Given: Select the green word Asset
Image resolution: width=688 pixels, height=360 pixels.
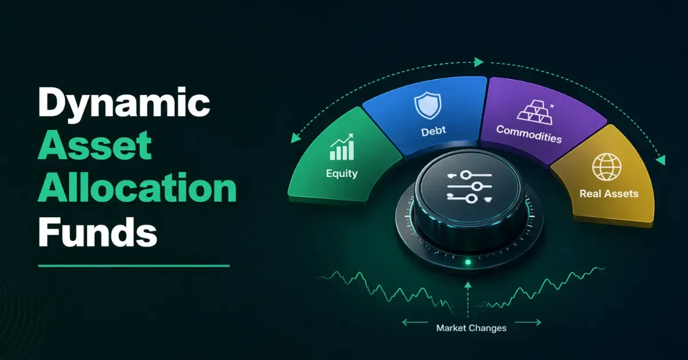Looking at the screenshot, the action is [x=95, y=145].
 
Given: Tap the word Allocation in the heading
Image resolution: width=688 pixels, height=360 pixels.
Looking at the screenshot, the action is [x=137, y=187].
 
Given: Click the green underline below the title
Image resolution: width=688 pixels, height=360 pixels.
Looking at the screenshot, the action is [x=134, y=265].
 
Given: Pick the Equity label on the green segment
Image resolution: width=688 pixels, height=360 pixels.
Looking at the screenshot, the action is [x=342, y=174].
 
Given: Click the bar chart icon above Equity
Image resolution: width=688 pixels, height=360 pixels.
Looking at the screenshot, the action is [x=342, y=147].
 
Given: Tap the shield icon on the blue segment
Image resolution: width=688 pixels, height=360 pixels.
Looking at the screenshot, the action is [x=428, y=105].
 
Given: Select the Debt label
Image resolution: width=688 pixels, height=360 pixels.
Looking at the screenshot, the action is [x=433, y=131].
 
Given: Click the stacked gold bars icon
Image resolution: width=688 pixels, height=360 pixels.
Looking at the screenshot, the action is [x=535, y=112].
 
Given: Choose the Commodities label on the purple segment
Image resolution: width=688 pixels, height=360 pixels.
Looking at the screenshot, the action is [x=529, y=134].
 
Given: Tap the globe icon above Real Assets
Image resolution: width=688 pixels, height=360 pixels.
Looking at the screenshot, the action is [x=607, y=167].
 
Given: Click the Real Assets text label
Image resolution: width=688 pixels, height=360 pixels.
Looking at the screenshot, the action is [x=609, y=194].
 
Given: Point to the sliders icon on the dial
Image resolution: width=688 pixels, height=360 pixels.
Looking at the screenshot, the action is [x=470, y=187].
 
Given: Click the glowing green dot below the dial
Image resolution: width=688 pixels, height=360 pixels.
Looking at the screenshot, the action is [x=468, y=262].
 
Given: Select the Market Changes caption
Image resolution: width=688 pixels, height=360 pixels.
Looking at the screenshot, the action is [x=471, y=328].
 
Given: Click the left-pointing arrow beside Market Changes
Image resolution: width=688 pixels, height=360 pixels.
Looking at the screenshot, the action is [x=415, y=322].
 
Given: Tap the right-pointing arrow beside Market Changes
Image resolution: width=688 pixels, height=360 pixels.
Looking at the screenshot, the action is [x=528, y=322].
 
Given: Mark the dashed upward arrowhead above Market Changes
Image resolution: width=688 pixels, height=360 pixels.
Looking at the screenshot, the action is [x=468, y=285].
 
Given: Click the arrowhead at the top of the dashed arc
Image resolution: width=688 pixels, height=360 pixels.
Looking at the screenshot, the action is [x=479, y=62].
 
